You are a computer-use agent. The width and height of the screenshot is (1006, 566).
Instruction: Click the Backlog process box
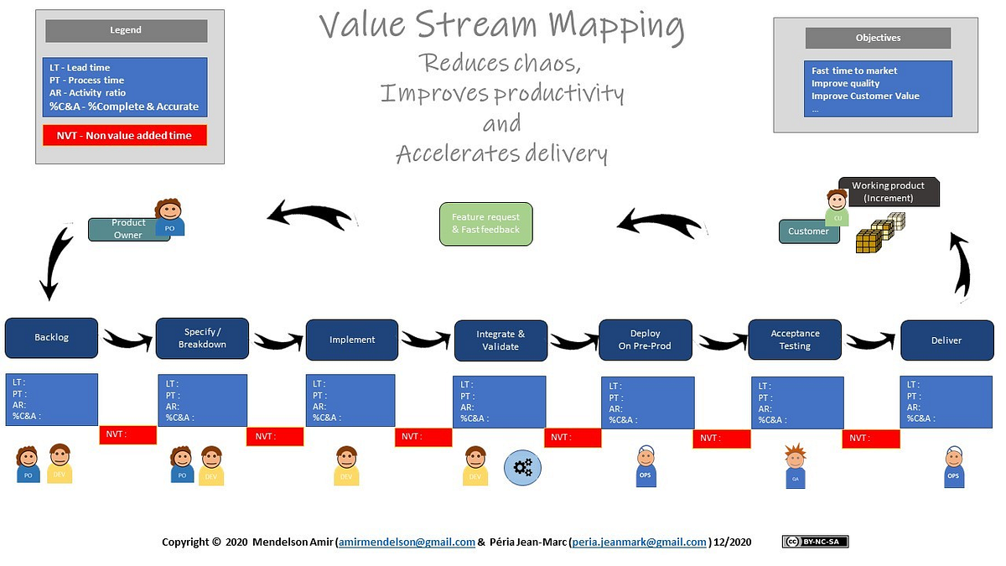tap(51, 338)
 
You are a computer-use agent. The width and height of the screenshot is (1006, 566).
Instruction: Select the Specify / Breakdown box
tap(202, 338)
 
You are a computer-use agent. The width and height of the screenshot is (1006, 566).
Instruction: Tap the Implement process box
tap(351, 340)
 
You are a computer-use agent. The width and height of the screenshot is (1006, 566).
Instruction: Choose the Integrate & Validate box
tap(500, 340)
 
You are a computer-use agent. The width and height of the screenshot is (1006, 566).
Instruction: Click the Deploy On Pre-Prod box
tap(646, 340)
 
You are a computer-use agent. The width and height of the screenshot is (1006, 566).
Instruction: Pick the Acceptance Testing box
tap(795, 340)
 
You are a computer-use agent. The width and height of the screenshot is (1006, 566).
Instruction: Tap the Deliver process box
tap(946, 340)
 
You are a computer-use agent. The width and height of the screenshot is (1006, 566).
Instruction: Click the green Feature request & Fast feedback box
tap(485, 223)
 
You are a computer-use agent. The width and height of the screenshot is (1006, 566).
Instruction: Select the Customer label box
tap(808, 231)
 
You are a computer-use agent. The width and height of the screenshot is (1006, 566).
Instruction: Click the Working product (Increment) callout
tap(888, 191)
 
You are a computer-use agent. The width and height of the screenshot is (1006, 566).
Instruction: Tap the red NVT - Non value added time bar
tap(124, 135)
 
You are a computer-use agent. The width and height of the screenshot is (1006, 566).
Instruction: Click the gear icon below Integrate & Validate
tap(522, 468)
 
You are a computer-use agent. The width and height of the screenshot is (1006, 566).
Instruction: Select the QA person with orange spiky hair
tap(795, 466)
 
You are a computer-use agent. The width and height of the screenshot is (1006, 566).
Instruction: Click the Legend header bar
tap(126, 31)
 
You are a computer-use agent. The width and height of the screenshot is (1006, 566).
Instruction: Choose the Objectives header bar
tap(878, 38)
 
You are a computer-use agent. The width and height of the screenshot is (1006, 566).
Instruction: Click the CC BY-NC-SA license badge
tap(815, 542)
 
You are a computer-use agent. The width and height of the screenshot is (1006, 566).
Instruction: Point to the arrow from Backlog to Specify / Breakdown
tap(127, 339)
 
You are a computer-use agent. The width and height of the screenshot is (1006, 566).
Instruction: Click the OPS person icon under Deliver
tap(952, 466)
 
